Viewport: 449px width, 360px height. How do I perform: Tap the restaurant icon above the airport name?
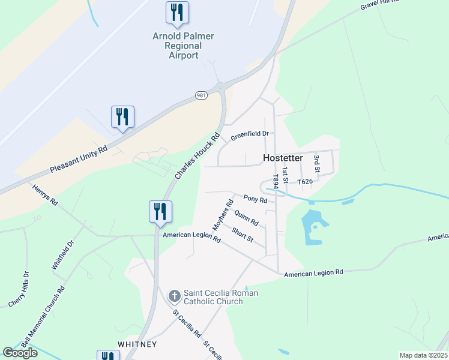pos(177,13)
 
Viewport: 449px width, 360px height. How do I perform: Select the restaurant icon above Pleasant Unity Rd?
pos(122,117)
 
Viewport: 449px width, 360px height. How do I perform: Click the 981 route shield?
pos(201,95)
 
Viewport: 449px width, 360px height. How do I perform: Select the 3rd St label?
pos(316,164)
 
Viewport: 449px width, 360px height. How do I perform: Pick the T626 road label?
pos(305,181)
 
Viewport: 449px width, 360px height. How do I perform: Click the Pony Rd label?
pos(255,198)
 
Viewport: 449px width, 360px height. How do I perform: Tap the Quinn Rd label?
pos(246,217)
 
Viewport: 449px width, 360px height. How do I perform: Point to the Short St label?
pos(243,235)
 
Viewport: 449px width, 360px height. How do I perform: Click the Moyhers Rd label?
pos(222,215)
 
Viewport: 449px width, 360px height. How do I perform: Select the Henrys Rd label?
pos(45,194)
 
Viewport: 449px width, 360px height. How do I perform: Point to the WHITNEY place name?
pos(137,344)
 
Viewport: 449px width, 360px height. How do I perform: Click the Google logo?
pos(20,352)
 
